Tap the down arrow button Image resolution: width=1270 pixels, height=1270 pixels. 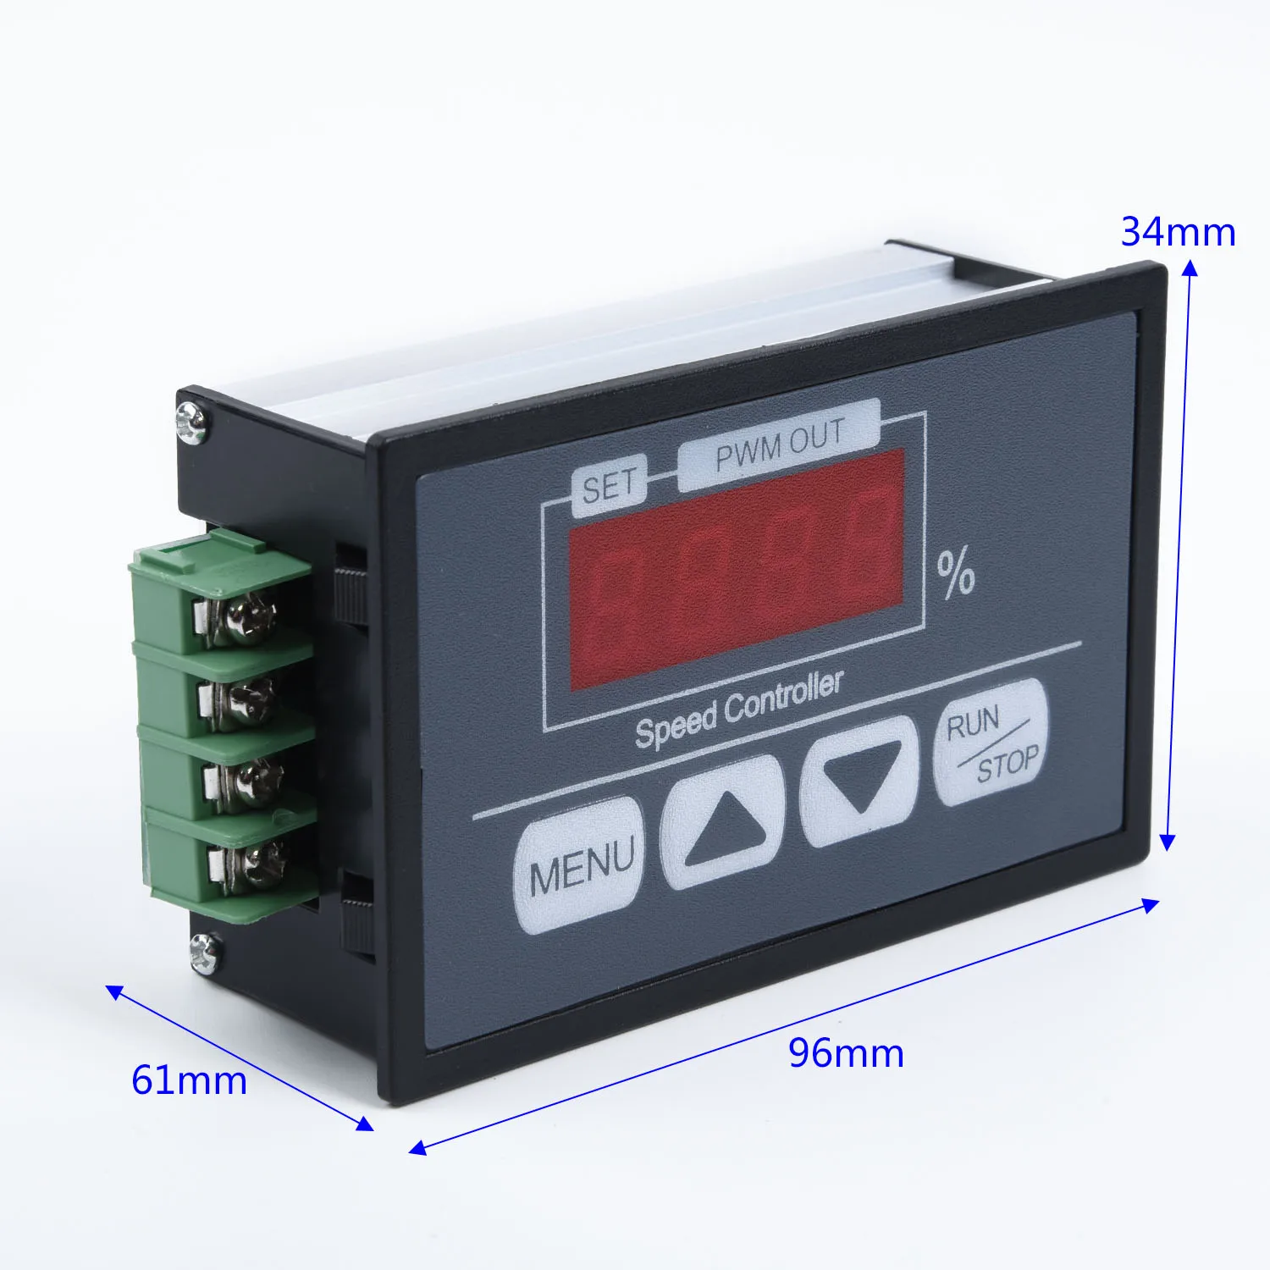859,781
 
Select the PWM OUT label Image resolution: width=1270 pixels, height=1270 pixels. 779,444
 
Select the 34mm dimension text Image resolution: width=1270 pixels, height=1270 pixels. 1178,232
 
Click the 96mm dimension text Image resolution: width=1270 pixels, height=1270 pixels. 846,1053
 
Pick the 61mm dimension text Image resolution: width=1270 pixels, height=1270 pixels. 189,1080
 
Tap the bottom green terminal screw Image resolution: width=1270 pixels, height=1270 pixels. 257,865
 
